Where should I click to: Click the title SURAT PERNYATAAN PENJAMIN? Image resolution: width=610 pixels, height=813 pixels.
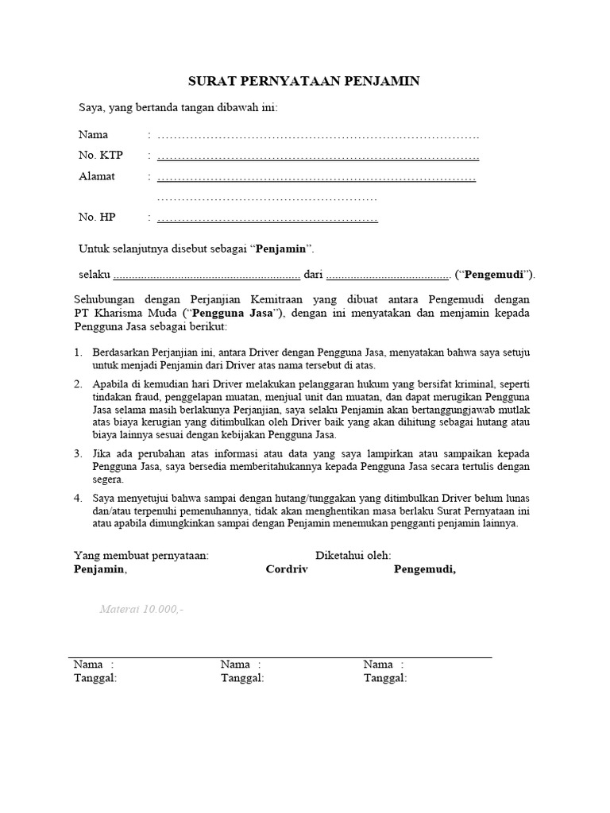[x=303, y=81]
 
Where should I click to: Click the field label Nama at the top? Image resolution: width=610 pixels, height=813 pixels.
[x=93, y=134]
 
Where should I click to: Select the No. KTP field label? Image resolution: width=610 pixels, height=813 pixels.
[x=100, y=155]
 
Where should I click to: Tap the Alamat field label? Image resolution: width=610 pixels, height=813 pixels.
[x=97, y=176]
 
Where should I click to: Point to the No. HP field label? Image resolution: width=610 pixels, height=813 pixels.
[x=98, y=217]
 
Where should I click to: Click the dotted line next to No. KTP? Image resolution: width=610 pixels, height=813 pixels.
[x=318, y=156]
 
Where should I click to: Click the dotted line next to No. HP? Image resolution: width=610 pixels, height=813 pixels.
[x=267, y=218]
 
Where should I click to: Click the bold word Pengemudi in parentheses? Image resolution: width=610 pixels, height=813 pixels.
[x=497, y=275]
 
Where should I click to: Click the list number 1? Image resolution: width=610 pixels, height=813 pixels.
[x=78, y=352]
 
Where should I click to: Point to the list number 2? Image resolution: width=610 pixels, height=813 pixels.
[x=78, y=383]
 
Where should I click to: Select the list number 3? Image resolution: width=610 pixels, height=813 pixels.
[x=78, y=453]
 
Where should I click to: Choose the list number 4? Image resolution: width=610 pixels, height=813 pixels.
[x=78, y=498]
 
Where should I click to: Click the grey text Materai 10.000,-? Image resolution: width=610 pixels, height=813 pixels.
[x=141, y=610]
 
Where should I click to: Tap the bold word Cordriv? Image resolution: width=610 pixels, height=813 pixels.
[x=288, y=569]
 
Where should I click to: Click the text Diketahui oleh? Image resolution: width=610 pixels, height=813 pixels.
[x=353, y=556]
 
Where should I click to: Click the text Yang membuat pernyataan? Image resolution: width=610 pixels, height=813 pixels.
[x=141, y=556]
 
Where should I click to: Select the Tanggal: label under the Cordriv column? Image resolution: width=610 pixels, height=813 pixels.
[x=242, y=678]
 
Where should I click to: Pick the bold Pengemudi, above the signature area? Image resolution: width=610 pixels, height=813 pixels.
[x=425, y=569]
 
